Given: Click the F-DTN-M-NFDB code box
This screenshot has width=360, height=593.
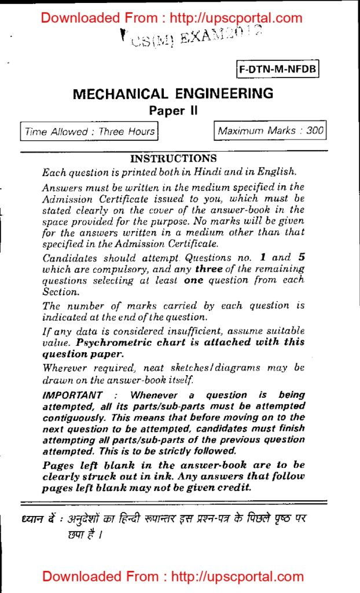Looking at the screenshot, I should click(278, 70).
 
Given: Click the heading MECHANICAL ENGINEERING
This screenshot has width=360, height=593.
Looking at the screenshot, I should click(173, 94).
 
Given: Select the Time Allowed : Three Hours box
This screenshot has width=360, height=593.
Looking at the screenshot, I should click(89, 131).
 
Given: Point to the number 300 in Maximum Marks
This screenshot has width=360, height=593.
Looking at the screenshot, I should click(315, 130).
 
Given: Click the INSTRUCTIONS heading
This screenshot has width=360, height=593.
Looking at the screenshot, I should click(174, 158).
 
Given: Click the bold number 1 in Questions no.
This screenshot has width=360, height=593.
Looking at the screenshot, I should click(263, 258).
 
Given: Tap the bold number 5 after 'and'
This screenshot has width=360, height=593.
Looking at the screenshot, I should click(300, 258).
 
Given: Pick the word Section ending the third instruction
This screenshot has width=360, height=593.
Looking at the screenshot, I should click(60, 292).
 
